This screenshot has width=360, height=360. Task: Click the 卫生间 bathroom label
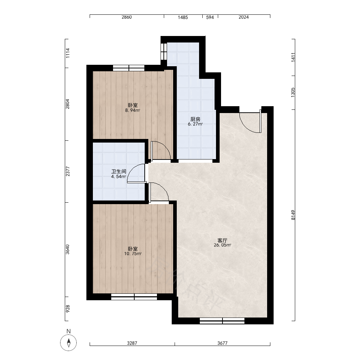click(x=119, y=171)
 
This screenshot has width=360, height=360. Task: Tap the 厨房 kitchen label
click(x=195, y=119)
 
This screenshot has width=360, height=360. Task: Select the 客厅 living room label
click(x=222, y=240)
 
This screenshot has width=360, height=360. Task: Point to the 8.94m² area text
click(x=132, y=110)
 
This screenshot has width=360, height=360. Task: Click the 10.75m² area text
click(x=133, y=254)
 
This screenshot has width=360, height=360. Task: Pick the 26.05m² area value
click(x=222, y=245)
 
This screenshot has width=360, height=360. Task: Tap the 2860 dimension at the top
click(x=127, y=17)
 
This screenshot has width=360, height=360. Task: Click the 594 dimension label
click(x=210, y=17)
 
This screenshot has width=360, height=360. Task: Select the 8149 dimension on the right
click(x=293, y=215)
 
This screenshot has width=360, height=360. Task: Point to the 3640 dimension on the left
click(x=67, y=249)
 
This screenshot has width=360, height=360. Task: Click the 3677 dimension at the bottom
click(x=222, y=343)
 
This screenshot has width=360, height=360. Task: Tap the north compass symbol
click(x=68, y=343)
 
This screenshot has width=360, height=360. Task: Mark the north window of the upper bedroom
click(x=129, y=68)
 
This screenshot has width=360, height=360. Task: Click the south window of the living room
click(x=222, y=321)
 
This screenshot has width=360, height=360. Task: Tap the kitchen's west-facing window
click(x=164, y=51)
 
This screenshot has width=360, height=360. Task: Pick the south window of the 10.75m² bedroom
click(x=134, y=297)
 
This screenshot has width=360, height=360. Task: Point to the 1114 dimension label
click(x=67, y=53)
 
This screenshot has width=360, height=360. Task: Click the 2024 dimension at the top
click(x=244, y=17)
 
